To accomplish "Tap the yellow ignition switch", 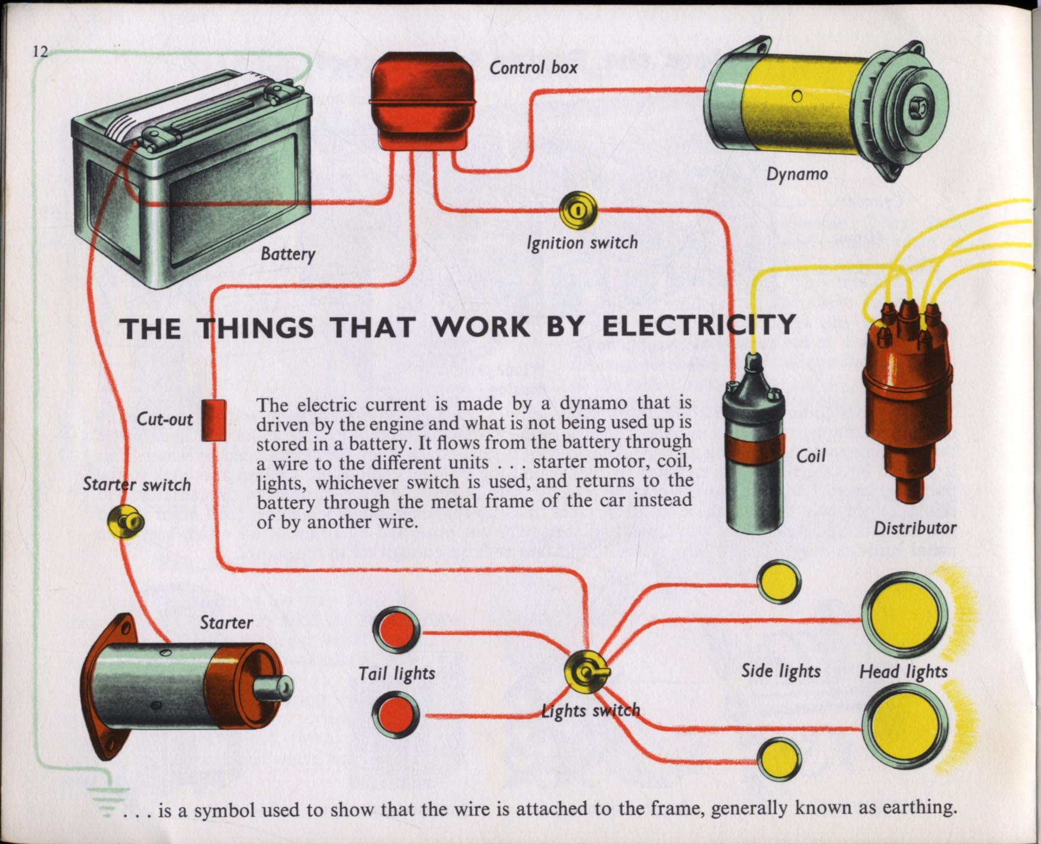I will point(578,210).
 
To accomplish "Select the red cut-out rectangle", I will point(214,420).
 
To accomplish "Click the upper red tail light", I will point(396,629).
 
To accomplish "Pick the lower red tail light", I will point(396,715).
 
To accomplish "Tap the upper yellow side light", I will point(779,582).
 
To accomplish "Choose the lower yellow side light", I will point(779,760).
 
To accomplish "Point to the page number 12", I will point(40,51).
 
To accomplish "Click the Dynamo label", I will point(797,174).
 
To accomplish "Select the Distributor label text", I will point(915,528).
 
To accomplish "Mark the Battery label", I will point(288,254).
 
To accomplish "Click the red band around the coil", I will point(754,453).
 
